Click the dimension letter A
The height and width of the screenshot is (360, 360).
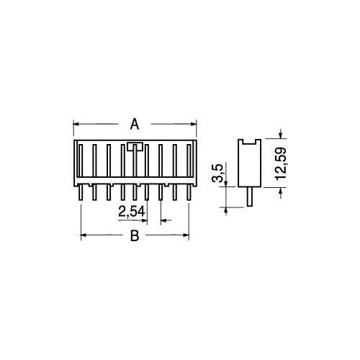tap(134, 125)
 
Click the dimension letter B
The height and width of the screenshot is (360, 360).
tap(134, 237)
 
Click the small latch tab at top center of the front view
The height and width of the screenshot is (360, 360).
tap(134, 146)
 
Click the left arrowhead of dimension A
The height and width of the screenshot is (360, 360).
tap(77, 125)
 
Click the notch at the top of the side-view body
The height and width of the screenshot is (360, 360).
tap(248, 143)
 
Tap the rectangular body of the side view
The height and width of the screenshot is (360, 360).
tap(248, 166)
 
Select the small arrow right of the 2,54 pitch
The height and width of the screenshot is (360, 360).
tap(164, 220)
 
